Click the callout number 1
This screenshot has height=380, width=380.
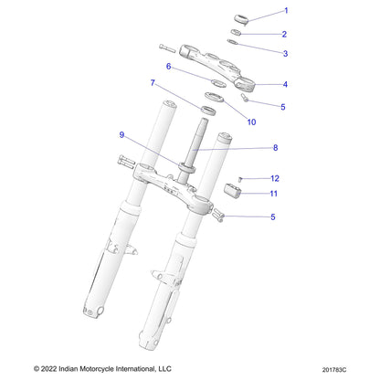pos(286,11)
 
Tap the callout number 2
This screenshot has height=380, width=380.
pos(284,34)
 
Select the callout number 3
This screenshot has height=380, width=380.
pos(285,54)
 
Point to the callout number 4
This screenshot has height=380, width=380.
pos(285,84)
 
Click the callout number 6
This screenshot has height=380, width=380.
pos(168,67)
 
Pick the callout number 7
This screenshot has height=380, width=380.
pos(153,83)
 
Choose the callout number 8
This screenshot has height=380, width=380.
pos(275,148)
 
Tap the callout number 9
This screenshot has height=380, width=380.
pos(121,135)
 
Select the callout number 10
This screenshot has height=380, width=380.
pos(251,122)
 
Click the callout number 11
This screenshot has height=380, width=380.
pos(274,194)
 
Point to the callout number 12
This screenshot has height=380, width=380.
pos(275,178)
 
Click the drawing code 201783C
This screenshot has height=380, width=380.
pos(334,370)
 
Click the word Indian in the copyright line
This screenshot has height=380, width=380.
pos(68,369)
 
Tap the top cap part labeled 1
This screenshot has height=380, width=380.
pos(242,18)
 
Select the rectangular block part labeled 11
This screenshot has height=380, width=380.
pos(233,191)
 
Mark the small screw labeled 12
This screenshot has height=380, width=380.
pos(240,179)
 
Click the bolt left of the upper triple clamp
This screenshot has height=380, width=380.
pos(167,47)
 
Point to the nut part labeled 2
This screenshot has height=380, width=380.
pos(236,32)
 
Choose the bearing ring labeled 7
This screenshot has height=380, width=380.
pos(208,111)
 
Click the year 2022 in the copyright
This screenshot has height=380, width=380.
pos(48,369)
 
